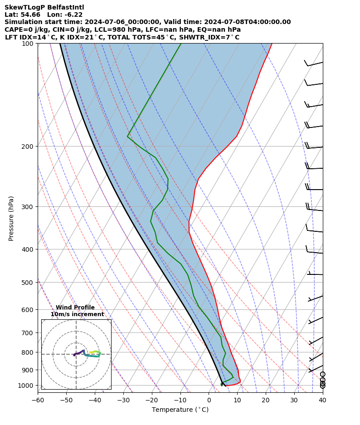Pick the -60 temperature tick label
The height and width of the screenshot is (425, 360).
click(38, 400)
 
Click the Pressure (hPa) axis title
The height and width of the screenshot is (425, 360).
click(11, 218)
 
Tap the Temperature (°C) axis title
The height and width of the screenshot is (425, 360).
click(180, 410)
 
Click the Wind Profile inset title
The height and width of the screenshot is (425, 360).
click(75, 308)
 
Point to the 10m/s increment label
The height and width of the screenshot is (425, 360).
click(77, 314)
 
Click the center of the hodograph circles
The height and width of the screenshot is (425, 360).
click(76, 354)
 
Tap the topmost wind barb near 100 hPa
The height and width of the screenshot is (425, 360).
click(313, 64)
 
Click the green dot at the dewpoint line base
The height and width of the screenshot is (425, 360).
click(222, 384)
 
